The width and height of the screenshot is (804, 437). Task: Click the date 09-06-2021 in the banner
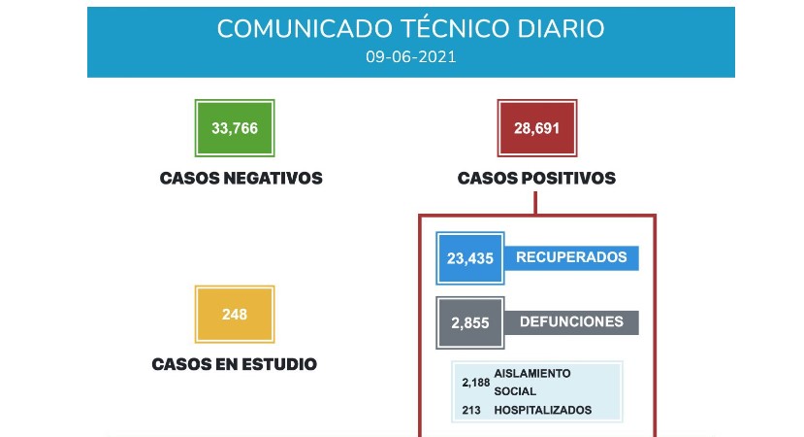[x=410, y=56]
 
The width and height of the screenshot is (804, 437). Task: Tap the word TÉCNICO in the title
[x=452, y=29]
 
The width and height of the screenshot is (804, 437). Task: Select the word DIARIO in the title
[x=561, y=29]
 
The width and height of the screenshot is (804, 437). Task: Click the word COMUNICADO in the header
[x=305, y=29]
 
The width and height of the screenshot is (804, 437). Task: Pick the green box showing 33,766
[x=235, y=128]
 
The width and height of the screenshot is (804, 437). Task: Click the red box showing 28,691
[x=537, y=128]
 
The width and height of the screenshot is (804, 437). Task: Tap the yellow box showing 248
[x=235, y=315]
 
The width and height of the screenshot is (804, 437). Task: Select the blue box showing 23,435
[x=470, y=258]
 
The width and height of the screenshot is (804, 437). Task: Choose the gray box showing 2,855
[x=470, y=323]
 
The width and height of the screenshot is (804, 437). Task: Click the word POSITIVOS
[x=568, y=178]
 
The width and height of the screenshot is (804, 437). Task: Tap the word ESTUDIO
[x=279, y=364]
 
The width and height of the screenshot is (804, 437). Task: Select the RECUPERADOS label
[x=571, y=257]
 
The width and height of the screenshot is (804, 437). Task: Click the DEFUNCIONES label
[x=571, y=322]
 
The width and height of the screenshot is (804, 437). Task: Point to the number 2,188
[x=476, y=383]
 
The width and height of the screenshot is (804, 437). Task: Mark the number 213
[x=471, y=411]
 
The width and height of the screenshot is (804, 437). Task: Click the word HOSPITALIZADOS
[x=542, y=411]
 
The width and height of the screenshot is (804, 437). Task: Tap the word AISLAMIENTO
[x=532, y=373]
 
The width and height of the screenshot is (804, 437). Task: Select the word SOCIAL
[x=515, y=391]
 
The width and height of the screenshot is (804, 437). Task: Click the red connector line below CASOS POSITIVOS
[x=535, y=203]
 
